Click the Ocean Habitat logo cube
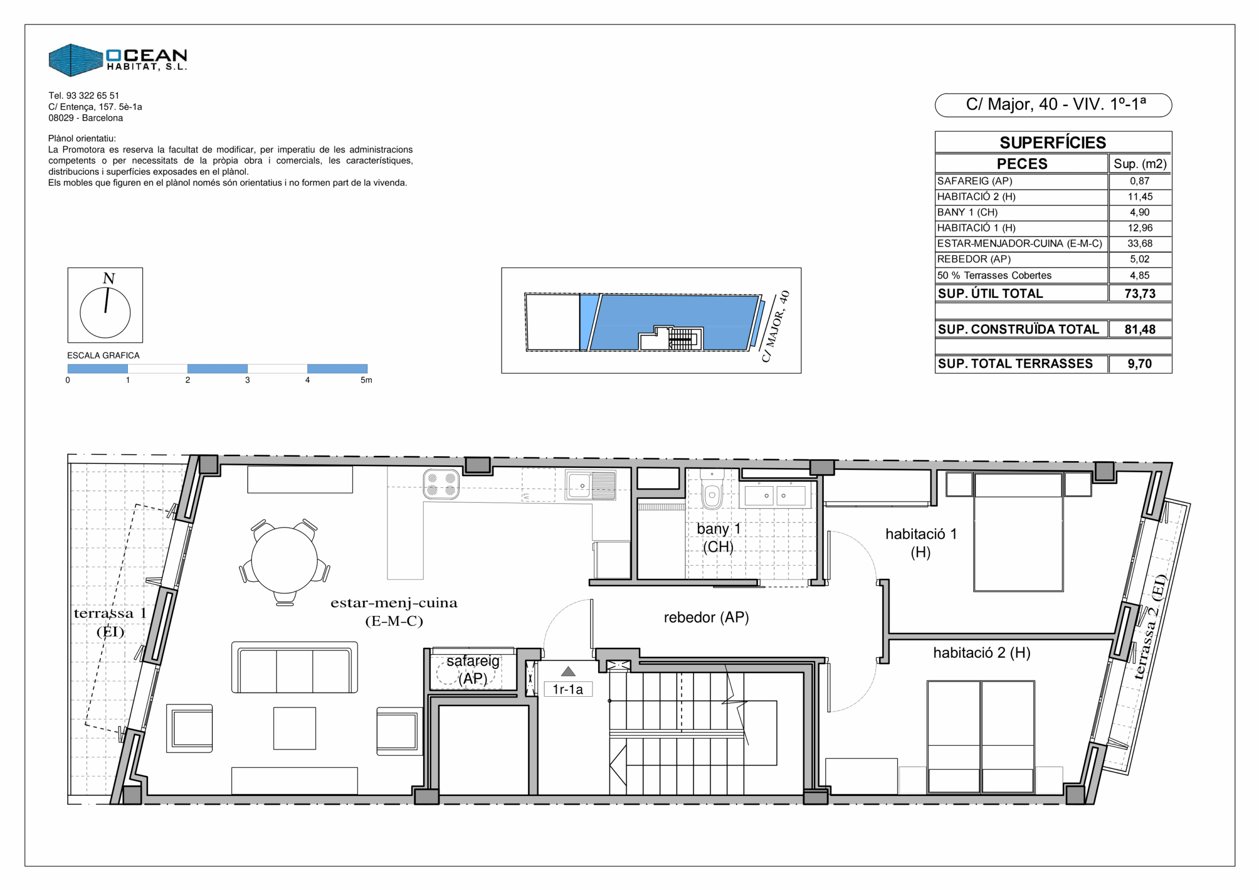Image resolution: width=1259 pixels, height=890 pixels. (x=76, y=60)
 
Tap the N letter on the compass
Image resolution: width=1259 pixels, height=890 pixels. (x=109, y=279)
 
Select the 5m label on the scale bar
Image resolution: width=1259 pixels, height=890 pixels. (x=366, y=380)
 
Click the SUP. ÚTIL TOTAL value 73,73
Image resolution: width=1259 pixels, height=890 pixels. (x=1139, y=294)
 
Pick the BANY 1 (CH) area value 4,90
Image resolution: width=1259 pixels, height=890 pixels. (x=1139, y=212)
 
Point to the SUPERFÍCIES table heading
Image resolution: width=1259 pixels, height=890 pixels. (x=1053, y=143)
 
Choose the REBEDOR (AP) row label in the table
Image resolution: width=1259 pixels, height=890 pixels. (x=974, y=259)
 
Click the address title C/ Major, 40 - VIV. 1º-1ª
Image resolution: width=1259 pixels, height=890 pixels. (x=1056, y=104)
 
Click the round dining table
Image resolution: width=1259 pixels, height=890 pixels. (x=284, y=560)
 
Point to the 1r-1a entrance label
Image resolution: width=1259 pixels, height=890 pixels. (x=568, y=689)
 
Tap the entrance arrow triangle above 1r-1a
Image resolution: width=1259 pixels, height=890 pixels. (x=568, y=672)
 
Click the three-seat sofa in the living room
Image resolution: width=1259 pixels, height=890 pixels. (x=295, y=667)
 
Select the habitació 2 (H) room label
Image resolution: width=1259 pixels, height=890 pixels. (x=982, y=653)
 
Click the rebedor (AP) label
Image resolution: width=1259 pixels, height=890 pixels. (x=706, y=618)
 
